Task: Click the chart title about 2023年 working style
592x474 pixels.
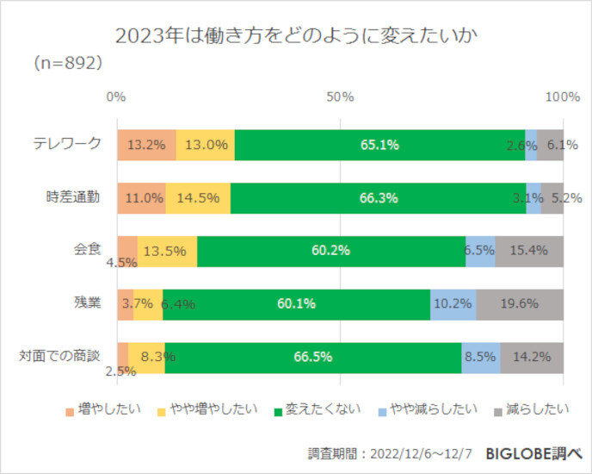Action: pyautogui.click(x=295, y=36)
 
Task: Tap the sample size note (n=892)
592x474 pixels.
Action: pyautogui.click(x=68, y=63)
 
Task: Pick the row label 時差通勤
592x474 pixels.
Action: pyautogui.click(x=73, y=196)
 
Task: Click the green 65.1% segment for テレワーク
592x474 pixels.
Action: pyautogui.click(x=379, y=145)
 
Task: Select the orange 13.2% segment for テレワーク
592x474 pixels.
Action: pyautogui.click(x=146, y=145)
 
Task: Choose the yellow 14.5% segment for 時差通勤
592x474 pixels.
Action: pyautogui.click(x=198, y=197)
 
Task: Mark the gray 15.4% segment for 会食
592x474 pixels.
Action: pyautogui.click(x=529, y=251)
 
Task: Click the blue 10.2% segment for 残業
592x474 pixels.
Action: pyautogui.click(x=453, y=303)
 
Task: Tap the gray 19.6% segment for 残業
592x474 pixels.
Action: pyautogui.click(x=520, y=303)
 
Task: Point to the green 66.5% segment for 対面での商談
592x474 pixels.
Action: pyautogui.click(x=313, y=357)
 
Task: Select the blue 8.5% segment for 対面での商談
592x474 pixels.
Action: pyautogui.click(x=481, y=357)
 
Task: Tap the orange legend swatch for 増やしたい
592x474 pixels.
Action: pyautogui.click(x=71, y=409)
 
